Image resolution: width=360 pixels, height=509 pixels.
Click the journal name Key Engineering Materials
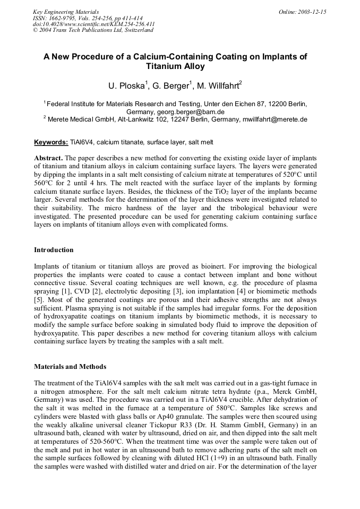tap(65, 11)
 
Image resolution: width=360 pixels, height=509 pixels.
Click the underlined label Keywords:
tap(51, 142)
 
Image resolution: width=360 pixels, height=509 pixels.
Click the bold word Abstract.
tap(48, 158)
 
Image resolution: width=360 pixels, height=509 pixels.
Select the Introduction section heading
tap(54, 249)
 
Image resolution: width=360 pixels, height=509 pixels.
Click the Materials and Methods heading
tap(70, 366)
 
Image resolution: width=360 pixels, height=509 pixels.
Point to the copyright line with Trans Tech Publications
tap(93, 30)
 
